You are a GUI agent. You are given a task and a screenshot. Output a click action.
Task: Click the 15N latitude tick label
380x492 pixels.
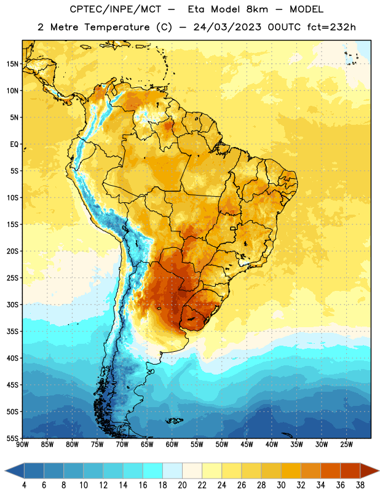coord(12,64)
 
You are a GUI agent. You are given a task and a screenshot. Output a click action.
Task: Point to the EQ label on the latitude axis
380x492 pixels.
coord(14,145)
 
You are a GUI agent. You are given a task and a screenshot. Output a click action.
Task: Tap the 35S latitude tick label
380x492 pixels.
coord(12,331)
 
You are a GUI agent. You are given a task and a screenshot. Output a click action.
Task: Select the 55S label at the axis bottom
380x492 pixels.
coord(12,438)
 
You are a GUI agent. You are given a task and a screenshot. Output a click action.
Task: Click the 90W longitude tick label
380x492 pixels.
coord(22,445)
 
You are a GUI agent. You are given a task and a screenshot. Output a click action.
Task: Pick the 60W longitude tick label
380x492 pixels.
coord(172,445)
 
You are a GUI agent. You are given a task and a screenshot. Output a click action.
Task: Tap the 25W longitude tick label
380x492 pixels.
coord(346,445)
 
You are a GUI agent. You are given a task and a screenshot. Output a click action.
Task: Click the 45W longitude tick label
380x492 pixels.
coord(247,445)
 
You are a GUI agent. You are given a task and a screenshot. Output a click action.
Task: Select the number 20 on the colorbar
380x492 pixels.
coord(182,485)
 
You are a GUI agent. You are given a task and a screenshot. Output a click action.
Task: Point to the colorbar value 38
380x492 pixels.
coord(360,485)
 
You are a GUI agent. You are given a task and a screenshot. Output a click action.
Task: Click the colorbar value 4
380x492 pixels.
coord(24,485)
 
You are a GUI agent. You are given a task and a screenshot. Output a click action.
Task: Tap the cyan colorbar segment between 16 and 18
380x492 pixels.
coord(153,470)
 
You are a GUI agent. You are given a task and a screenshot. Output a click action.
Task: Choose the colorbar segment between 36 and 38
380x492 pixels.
coord(350,470)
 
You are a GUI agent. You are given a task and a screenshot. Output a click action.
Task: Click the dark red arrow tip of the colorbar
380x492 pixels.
coord(379,470)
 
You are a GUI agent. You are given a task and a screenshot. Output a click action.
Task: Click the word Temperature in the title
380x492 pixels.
coord(117,27)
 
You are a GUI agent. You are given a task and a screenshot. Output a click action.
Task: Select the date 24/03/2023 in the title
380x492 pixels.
coord(227,27)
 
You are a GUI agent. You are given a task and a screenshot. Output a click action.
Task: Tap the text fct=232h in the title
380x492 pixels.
coord(331,27)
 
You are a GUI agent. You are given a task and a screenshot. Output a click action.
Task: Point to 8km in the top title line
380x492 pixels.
coord(257,9)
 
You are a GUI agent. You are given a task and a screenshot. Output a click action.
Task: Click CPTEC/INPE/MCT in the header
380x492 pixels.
coord(116,9)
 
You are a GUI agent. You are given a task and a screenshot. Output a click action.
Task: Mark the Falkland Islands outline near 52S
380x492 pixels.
coord(174,421)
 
